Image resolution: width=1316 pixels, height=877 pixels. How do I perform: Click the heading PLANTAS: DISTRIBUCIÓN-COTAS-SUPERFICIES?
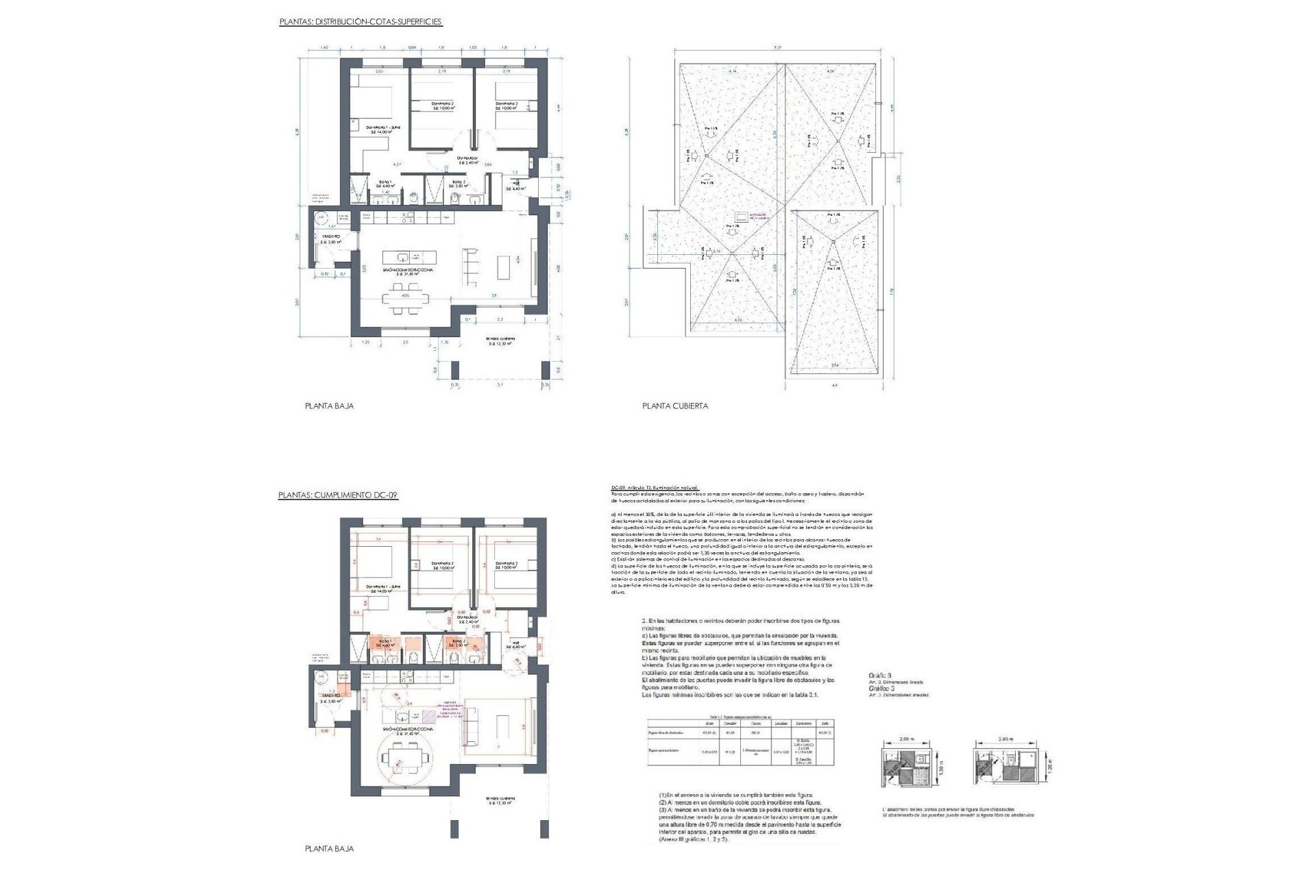(x=361, y=22)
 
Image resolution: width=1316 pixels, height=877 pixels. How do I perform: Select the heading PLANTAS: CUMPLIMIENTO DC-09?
(x=338, y=495)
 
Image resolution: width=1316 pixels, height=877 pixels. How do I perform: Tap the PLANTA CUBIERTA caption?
(x=675, y=406)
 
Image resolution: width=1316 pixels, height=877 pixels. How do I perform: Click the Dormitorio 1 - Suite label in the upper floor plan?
(x=383, y=129)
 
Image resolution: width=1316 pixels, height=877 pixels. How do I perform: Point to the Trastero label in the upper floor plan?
(x=332, y=238)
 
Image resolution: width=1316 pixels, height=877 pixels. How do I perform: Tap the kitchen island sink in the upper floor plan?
(x=404, y=257)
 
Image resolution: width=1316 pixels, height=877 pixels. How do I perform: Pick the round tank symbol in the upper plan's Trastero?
(x=321, y=218)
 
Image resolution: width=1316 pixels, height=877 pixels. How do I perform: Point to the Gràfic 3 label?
(x=879, y=676)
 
